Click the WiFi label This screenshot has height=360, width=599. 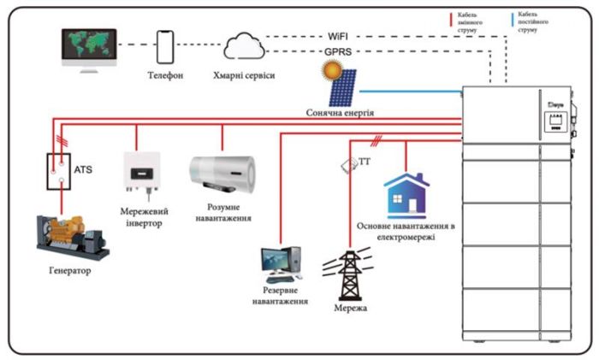coord(339,37)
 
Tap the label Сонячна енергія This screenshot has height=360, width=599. coord(341,112)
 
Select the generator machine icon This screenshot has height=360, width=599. coord(73,237)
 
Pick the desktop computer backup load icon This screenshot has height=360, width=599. coord(282,264)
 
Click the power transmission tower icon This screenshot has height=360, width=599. coord(350,273)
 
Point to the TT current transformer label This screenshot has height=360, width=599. coord(364,162)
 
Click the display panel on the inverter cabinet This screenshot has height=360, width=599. coord(553,115)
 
